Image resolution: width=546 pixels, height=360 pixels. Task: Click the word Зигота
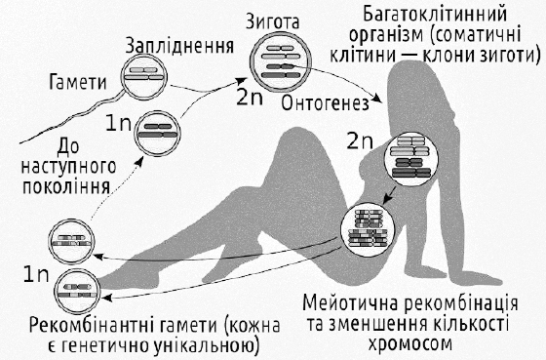(x=272, y=21)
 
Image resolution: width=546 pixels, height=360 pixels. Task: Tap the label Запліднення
(x=179, y=47)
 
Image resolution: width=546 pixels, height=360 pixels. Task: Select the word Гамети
(x=78, y=82)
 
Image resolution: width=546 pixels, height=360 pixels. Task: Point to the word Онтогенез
(x=326, y=103)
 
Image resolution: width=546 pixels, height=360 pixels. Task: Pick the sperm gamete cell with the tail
(x=144, y=77)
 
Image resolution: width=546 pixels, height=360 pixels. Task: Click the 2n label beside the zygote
(x=250, y=98)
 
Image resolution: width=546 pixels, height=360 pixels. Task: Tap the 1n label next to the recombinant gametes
(x=36, y=274)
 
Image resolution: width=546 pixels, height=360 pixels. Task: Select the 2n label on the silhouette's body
(x=360, y=141)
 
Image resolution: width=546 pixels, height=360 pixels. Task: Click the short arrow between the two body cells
(x=390, y=196)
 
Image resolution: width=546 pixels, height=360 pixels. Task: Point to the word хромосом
(x=409, y=343)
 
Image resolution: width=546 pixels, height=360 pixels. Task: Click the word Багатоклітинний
(x=435, y=15)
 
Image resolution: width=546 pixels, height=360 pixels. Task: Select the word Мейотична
(x=351, y=303)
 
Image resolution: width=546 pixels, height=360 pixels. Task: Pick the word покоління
(x=66, y=186)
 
